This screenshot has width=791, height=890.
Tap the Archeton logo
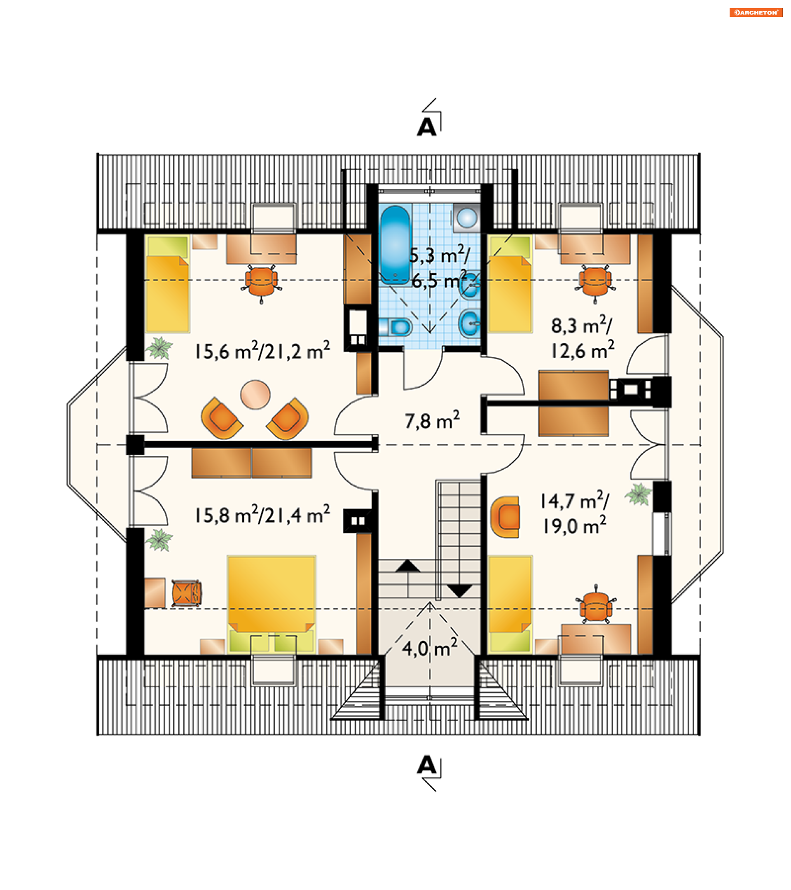click(755, 13)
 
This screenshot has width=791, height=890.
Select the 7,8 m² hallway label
click(432, 421)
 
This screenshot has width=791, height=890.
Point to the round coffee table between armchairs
click(255, 395)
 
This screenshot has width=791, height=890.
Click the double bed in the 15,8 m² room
click(271, 604)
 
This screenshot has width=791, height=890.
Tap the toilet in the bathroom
click(396, 328)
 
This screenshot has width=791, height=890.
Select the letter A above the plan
click(427, 127)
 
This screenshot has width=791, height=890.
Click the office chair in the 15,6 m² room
click(261, 282)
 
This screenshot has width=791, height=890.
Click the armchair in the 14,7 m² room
click(506, 517)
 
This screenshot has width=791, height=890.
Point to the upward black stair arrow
click(408, 566)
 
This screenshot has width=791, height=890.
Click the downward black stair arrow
click(460, 591)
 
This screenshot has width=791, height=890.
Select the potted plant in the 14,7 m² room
click(638, 494)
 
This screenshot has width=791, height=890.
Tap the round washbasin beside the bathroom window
click(467, 217)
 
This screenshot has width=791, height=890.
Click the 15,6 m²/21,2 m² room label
click(262, 351)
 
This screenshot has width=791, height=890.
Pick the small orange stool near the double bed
click(186, 593)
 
